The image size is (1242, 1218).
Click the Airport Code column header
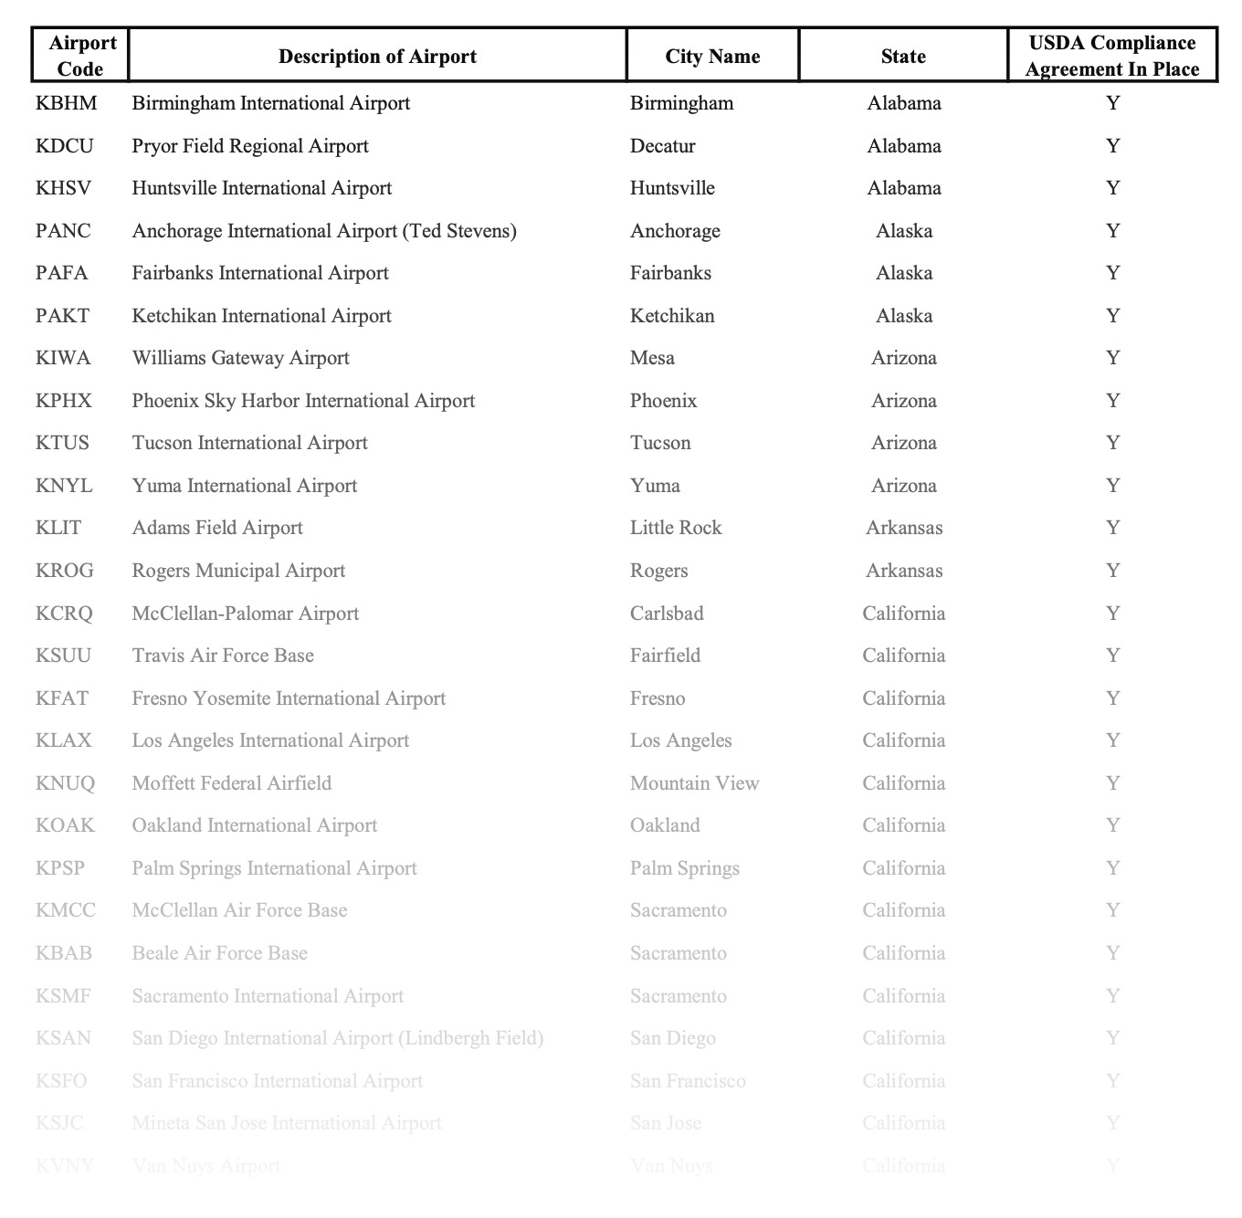(82, 56)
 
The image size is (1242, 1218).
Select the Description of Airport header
(377, 57)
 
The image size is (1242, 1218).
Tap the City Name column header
(712, 57)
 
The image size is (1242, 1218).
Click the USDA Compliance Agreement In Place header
(1111, 56)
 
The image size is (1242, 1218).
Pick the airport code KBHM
(66, 103)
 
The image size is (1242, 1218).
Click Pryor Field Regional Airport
(250, 146)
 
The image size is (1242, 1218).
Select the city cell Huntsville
(672, 188)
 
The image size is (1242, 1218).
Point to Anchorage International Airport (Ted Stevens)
(324, 231)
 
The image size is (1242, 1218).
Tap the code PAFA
(62, 273)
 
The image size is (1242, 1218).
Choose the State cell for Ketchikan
(904, 316)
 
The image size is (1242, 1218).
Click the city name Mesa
(652, 358)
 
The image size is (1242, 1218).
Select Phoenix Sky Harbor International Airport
(303, 401)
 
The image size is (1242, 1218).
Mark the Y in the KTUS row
(1112, 443)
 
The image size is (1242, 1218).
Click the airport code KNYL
(64, 486)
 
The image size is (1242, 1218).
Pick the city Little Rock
(676, 528)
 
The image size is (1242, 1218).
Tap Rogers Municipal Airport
(238, 571)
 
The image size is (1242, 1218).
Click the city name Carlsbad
(667, 614)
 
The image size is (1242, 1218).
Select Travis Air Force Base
(223, 656)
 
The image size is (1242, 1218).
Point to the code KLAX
(64, 740)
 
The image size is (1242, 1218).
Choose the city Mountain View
(694, 783)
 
